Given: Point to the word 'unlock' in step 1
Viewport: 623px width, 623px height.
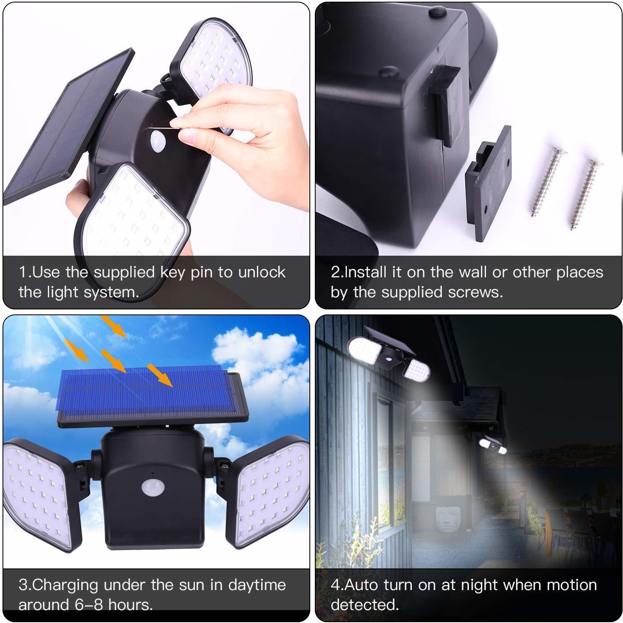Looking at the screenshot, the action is [262, 272].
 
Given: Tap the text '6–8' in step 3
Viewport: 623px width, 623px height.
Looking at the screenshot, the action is [92, 605].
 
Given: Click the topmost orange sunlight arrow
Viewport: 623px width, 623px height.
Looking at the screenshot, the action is [113, 326].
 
